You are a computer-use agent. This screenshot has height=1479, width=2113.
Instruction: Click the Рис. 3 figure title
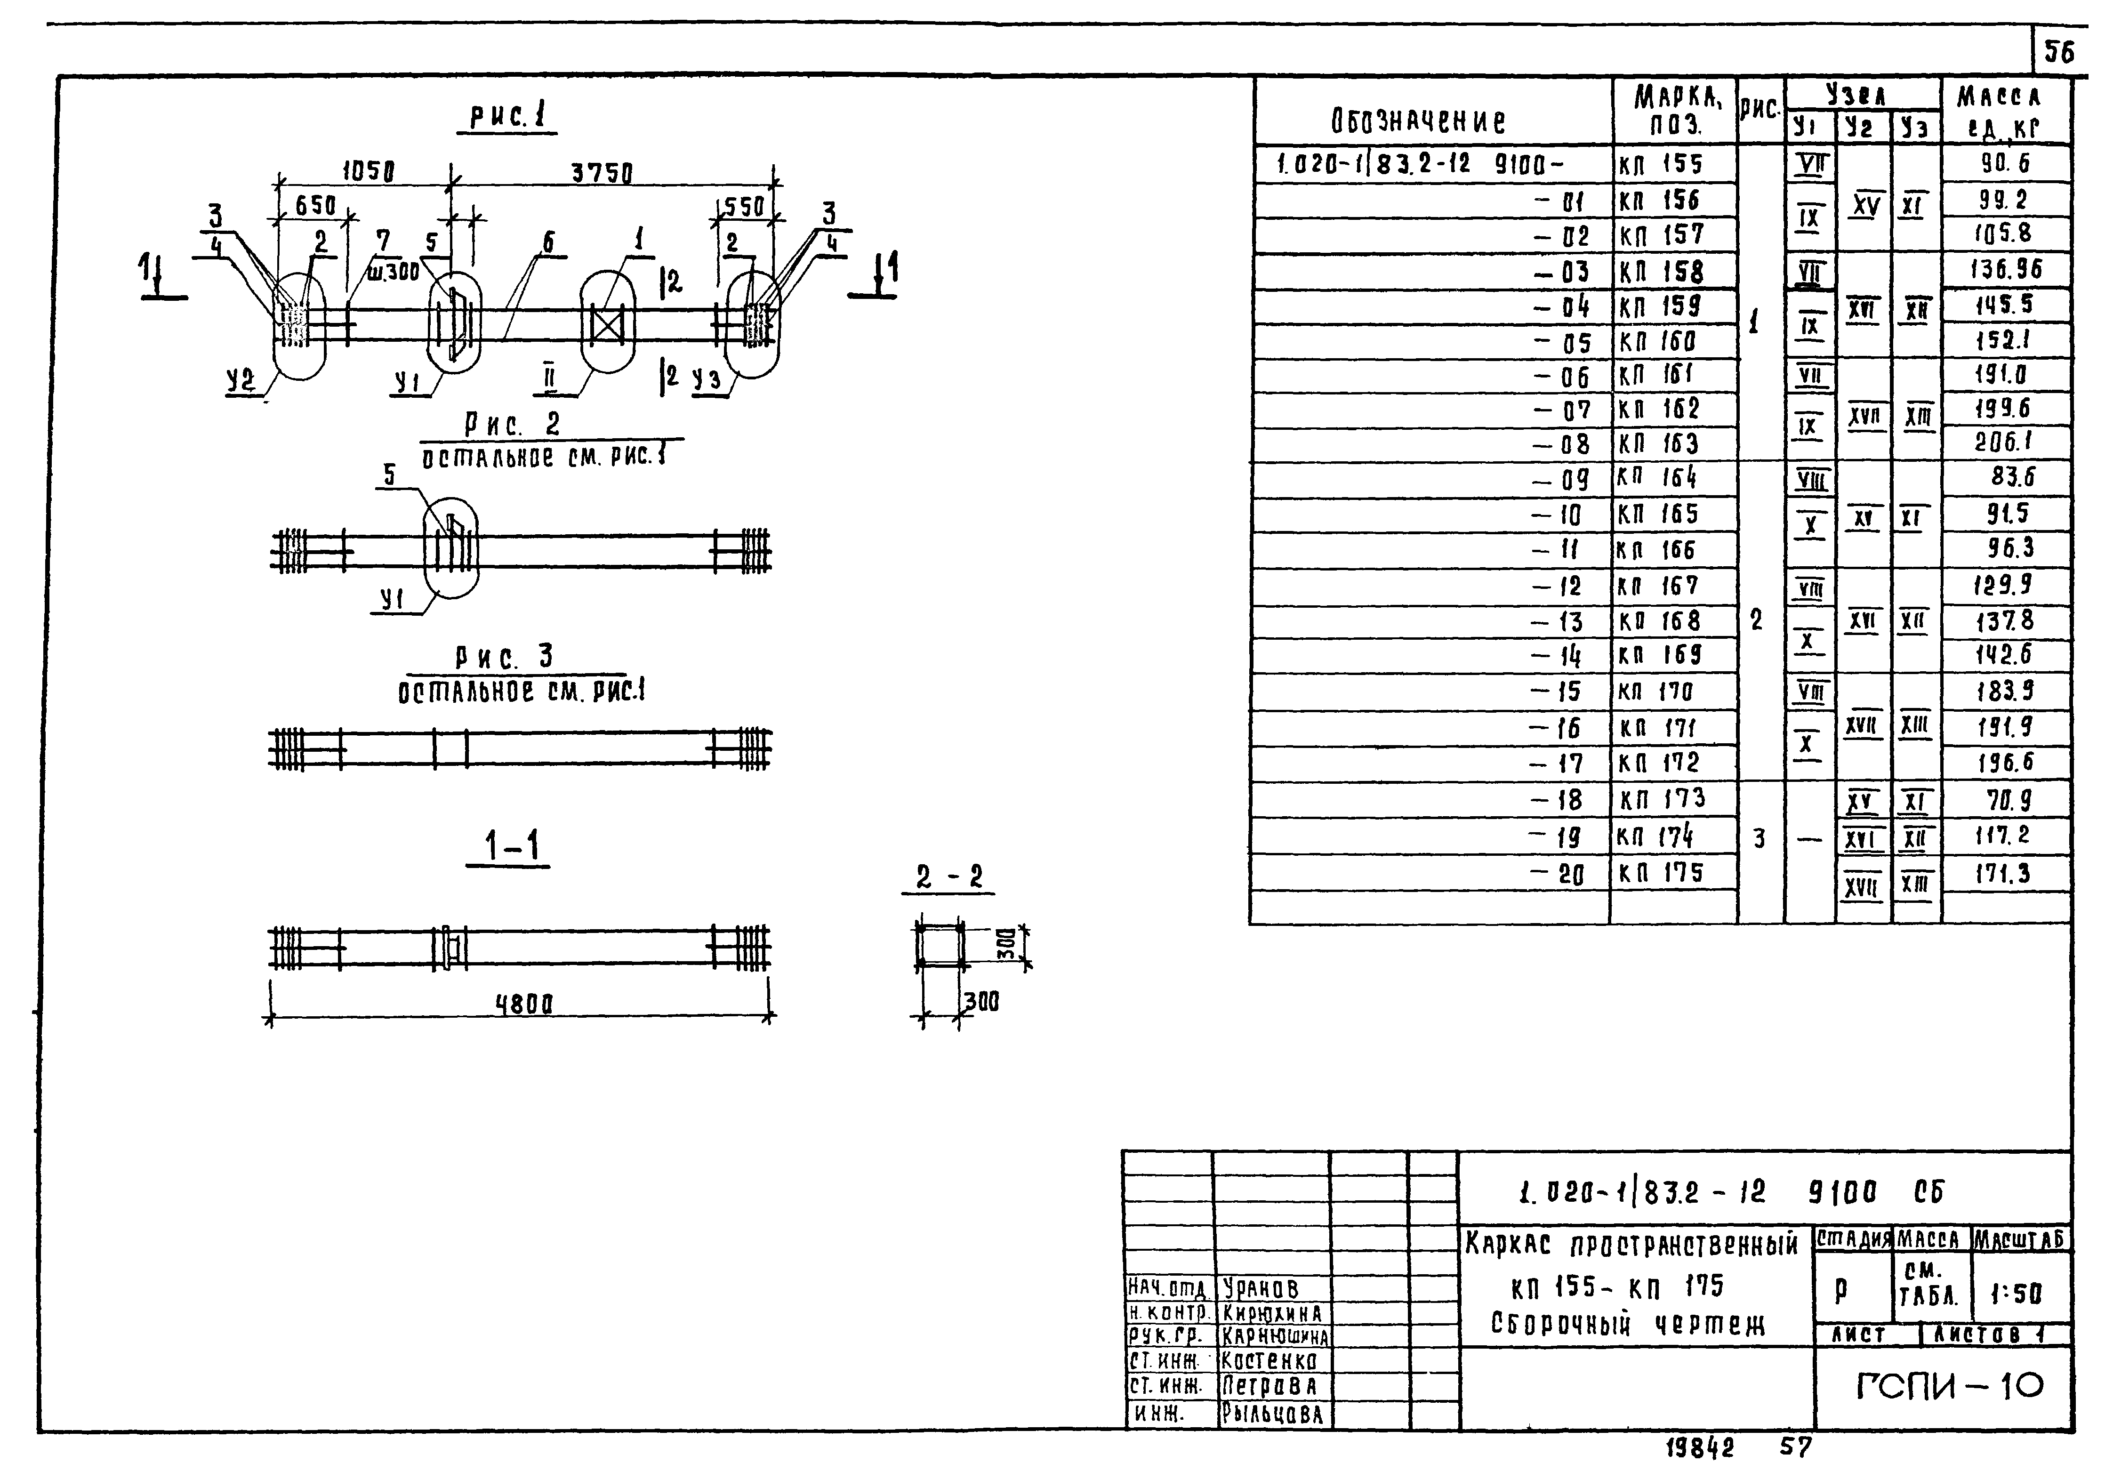click(504, 657)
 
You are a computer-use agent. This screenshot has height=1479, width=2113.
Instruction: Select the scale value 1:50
click(2016, 1294)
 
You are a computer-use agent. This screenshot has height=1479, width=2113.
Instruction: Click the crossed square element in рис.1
click(607, 325)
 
